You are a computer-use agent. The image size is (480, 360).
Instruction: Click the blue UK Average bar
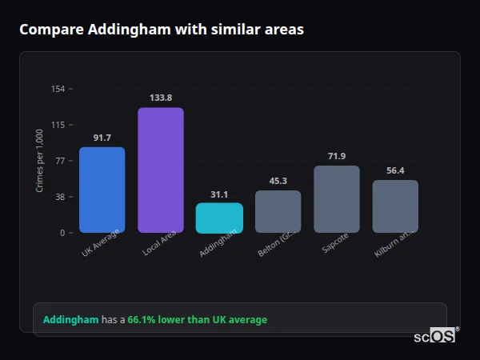tap(102, 190)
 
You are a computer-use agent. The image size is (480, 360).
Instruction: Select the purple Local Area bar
tap(161, 170)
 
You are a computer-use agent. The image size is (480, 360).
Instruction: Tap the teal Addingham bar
tap(219, 218)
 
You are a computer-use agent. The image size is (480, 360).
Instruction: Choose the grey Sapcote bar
tap(337, 199)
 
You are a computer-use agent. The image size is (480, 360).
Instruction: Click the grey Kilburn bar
tap(395, 206)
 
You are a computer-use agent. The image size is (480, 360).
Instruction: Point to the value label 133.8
tap(161, 98)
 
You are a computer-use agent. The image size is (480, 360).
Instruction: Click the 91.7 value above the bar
tap(102, 138)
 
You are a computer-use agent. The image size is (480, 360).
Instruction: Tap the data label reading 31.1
tap(219, 194)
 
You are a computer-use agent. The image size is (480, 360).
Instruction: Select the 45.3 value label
tap(278, 181)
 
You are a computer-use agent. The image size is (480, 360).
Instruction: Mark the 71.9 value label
tap(337, 156)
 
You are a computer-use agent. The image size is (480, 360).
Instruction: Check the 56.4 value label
tap(395, 170)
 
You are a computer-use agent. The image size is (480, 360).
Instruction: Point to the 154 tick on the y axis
tap(58, 89)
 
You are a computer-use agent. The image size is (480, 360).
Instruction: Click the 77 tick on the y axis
tap(60, 161)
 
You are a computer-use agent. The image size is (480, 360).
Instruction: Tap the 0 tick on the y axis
tap(62, 233)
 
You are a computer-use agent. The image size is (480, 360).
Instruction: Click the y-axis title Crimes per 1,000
tap(40, 161)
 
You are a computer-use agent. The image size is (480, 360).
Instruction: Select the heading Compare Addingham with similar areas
tap(162, 30)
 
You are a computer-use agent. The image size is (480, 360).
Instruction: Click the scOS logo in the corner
tap(434, 336)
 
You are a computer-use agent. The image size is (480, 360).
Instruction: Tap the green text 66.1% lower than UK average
tap(198, 319)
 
